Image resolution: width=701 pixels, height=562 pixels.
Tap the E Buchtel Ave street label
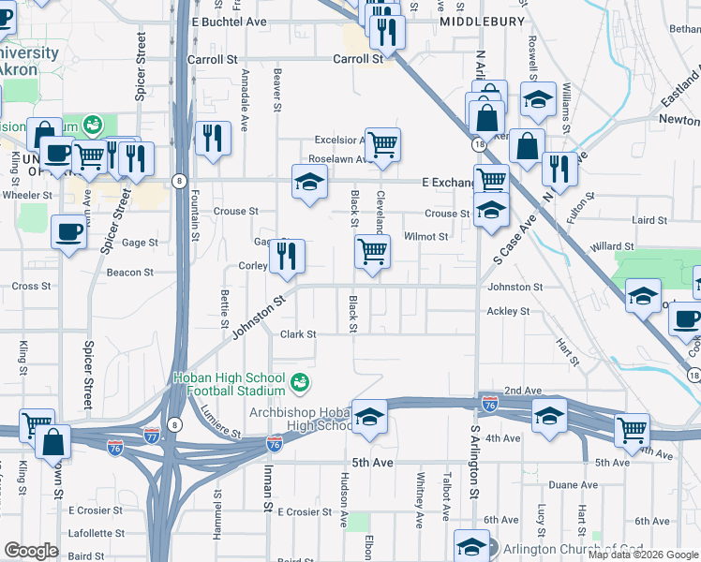pyautogui.click(x=230, y=21)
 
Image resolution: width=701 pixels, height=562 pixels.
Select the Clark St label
pyautogui.click(x=299, y=333)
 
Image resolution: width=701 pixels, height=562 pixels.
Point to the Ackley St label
pyautogui.click(x=509, y=311)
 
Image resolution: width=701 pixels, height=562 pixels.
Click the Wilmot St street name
pyautogui.click(x=426, y=237)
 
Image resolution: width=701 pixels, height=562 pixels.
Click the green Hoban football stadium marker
pyautogui.click(x=300, y=382)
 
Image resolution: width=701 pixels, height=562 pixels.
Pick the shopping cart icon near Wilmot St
pyautogui.click(x=373, y=250)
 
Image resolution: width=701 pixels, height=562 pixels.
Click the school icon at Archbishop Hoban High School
pyautogui.click(x=369, y=415)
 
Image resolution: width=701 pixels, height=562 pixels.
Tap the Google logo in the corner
pyautogui.click(x=32, y=551)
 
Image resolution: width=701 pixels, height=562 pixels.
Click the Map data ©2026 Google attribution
pyautogui.click(x=643, y=555)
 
